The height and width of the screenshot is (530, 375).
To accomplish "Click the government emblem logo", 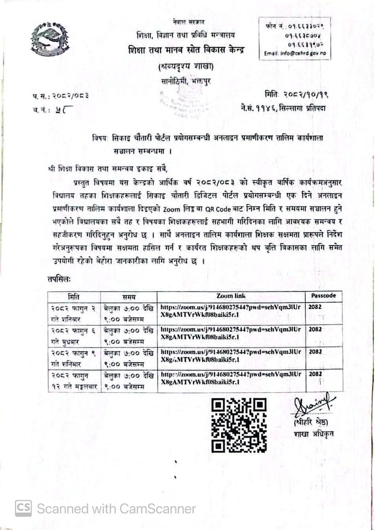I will (50, 39).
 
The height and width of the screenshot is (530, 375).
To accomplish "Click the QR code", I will (239, 425).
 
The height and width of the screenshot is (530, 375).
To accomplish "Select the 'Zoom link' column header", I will (231, 296).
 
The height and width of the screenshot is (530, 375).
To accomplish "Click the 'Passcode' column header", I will (323, 296).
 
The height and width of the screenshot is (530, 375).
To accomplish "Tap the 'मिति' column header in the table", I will (74, 296).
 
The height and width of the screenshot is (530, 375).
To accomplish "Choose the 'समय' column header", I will (129, 296).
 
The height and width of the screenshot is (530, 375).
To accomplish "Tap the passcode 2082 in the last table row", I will (315, 374).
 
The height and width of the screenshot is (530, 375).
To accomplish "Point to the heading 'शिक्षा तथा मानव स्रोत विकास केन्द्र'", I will (186, 50).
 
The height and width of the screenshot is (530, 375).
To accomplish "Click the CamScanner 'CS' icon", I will (23, 508).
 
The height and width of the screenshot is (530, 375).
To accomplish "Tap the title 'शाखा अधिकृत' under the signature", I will (314, 434).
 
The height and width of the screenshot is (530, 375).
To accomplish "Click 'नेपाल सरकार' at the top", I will (188, 21).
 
